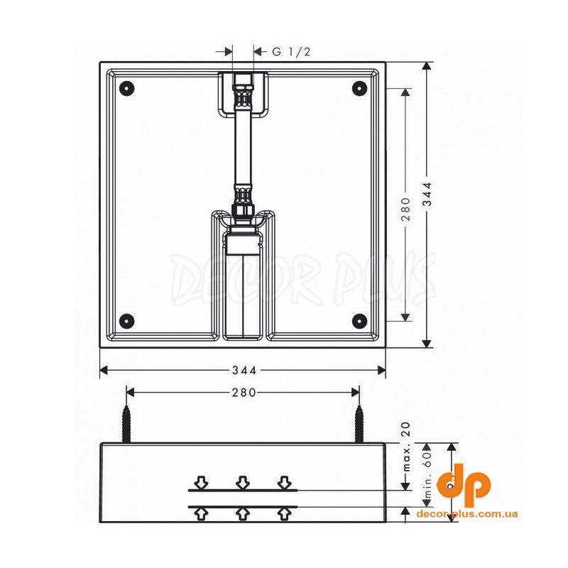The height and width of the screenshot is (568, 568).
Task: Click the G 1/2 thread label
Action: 291,52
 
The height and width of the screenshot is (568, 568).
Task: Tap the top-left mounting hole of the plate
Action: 128,87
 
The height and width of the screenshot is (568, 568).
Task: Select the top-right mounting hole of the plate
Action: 359,87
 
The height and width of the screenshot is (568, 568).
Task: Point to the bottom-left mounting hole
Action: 128,320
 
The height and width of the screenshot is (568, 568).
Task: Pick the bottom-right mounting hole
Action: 359,320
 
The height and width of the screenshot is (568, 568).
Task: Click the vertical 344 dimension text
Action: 428,194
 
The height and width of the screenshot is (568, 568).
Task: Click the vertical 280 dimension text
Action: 405,209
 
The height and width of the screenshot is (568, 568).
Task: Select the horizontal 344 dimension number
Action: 244,370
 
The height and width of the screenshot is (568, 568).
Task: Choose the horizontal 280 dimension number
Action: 244,393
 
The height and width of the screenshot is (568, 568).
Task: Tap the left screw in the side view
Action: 126,423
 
